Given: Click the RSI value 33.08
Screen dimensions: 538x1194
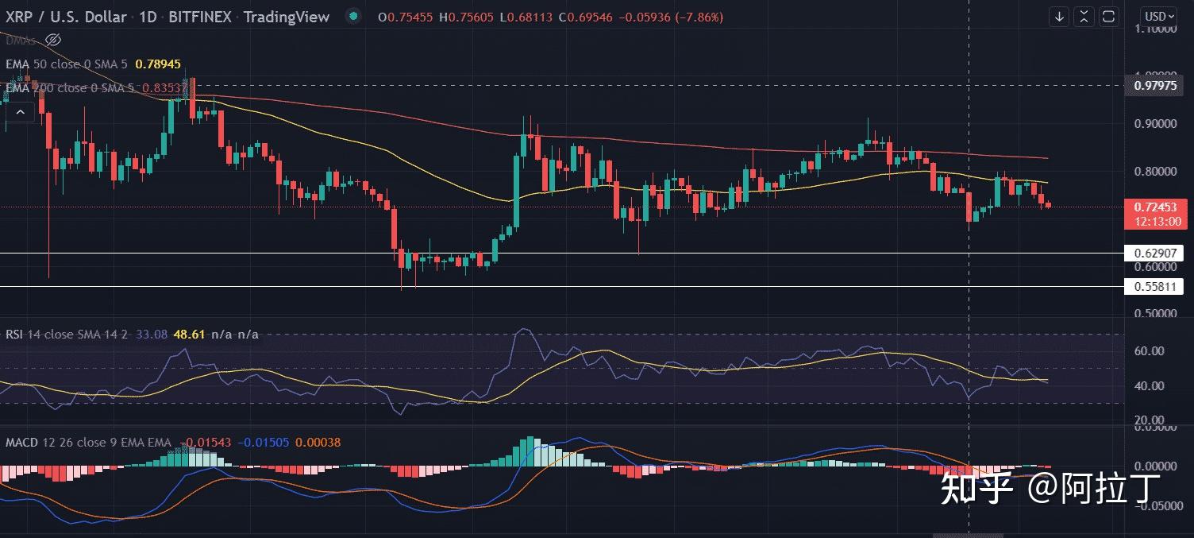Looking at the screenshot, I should click(x=152, y=335).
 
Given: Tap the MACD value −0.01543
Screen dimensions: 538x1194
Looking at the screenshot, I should click(x=206, y=442).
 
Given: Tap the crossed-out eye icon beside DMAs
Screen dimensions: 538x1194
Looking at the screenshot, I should click(x=53, y=39).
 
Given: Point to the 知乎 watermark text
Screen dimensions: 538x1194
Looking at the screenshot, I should click(x=976, y=487).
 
